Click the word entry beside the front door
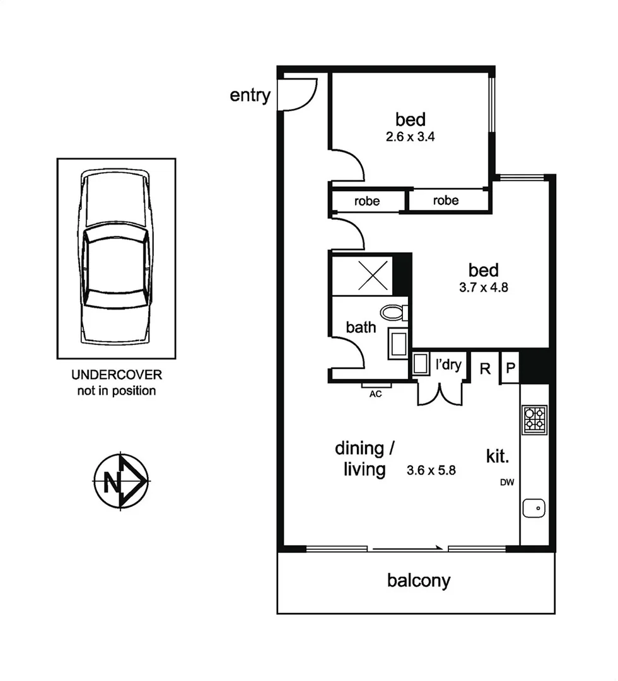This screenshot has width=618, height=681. tap(250, 95)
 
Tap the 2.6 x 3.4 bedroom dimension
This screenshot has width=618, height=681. tap(411, 136)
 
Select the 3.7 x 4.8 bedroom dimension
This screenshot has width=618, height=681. tap(484, 288)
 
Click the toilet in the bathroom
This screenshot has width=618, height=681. tap(394, 312)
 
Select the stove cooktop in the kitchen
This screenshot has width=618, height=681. tap(535, 419)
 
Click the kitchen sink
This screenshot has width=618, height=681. tap(535, 507)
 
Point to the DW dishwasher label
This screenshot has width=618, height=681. tap(507, 484)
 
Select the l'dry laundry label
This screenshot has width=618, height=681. tap(449, 364)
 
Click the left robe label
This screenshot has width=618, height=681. tap(367, 202)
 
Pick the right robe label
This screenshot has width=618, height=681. tap(446, 201)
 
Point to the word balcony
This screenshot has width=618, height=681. tap(419, 580)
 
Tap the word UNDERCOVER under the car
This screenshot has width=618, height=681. tap(116, 375)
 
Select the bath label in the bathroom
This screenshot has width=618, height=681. tap(361, 327)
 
